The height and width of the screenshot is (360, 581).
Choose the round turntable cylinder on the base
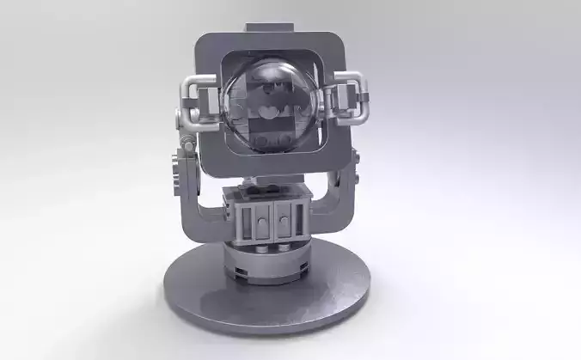(267, 259)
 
